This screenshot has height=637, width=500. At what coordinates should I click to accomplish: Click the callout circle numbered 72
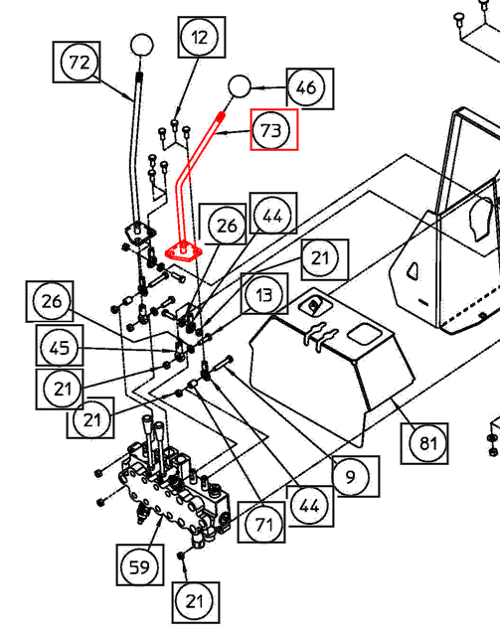[79, 63]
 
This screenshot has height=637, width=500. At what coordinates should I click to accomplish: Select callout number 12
[199, 38]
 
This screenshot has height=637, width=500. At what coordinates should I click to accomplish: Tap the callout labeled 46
[306, 86]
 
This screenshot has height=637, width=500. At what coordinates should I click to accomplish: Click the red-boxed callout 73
[271, 131]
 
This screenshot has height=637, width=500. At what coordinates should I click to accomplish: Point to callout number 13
[264, 294]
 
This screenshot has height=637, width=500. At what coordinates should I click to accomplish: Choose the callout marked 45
[60, 348]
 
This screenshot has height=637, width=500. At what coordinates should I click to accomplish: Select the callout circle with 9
[351, 477]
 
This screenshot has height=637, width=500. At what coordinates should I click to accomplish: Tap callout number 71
[263, 524]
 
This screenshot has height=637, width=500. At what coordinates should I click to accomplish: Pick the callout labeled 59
[139, 566]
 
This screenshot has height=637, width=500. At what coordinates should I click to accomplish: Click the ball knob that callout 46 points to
[240, 86]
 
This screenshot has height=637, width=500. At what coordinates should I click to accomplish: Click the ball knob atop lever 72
[141, 45]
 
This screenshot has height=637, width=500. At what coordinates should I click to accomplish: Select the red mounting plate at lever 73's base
[183, 251]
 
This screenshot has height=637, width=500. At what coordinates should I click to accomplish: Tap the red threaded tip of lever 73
[221, 117]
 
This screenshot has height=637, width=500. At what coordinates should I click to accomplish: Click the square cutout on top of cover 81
[364, 334]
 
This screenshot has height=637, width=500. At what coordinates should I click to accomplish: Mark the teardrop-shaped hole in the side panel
[413, 270]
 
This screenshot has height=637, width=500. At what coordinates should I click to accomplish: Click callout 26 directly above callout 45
[52, 301]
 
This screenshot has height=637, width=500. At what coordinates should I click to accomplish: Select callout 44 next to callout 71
[309, 506]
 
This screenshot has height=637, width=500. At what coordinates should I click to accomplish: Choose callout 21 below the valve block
[195, 601]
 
